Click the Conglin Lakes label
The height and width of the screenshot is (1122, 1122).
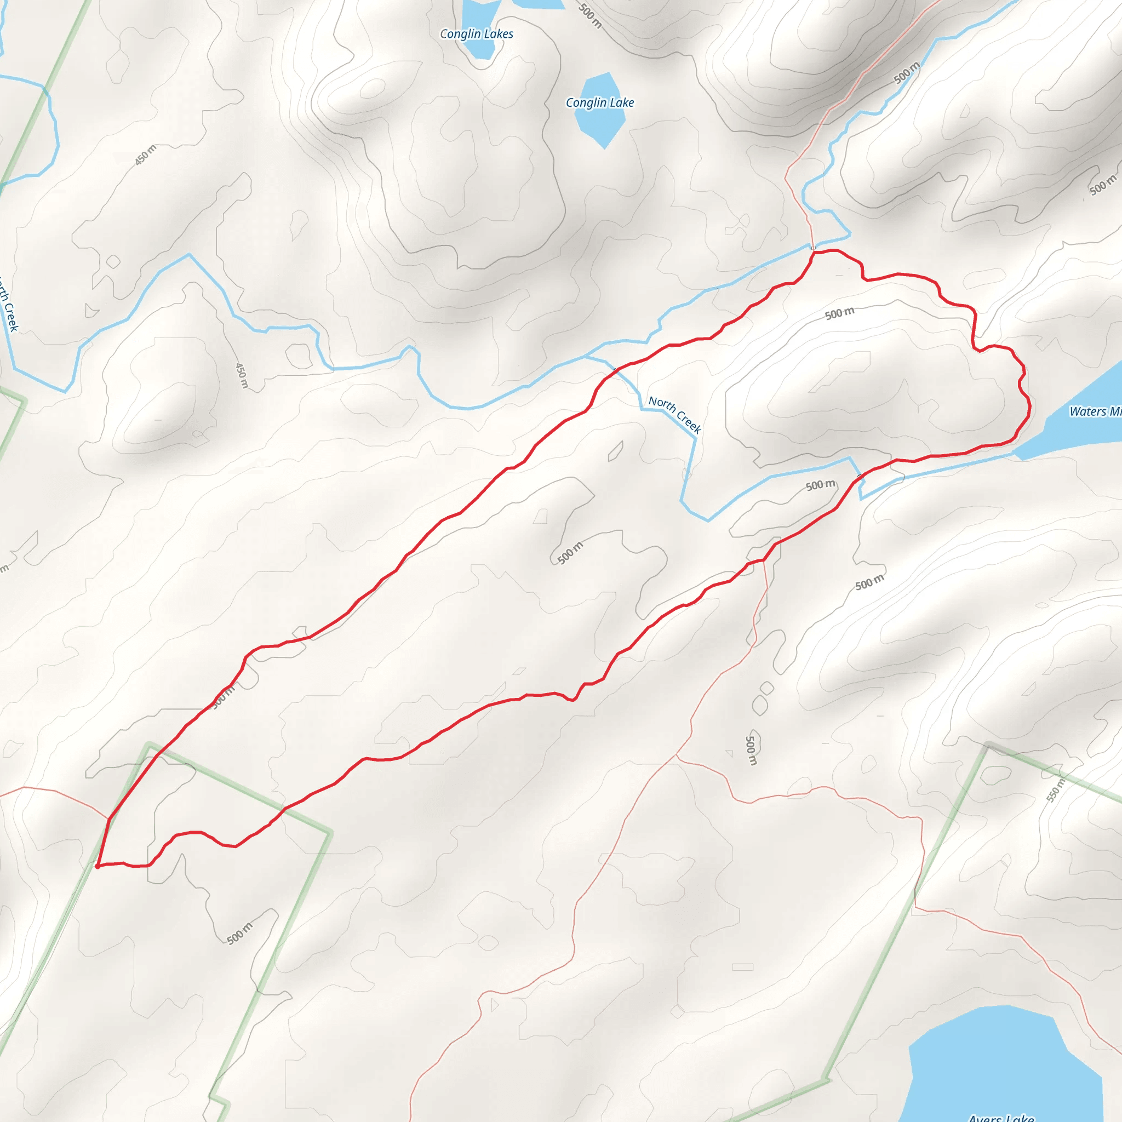(476, 33)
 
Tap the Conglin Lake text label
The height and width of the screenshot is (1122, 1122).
(599, 103)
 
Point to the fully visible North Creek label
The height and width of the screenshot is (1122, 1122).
(675, 414)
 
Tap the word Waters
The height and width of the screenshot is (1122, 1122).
(1087, 411)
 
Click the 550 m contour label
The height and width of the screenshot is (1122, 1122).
(1056, 791)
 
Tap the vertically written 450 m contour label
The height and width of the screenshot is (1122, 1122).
(242, 376)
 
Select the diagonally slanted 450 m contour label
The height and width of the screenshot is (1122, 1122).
(145, 155)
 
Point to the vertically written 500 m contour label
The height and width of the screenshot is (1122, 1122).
(751, 750)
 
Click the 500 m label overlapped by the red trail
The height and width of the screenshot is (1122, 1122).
(223, 696)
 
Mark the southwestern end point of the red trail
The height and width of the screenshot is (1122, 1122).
(97, 867)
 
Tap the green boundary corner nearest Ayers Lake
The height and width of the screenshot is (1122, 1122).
(828, 1080)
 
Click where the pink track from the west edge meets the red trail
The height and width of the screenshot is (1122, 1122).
(109, 819)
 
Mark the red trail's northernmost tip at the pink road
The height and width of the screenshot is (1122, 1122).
(813, 251)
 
